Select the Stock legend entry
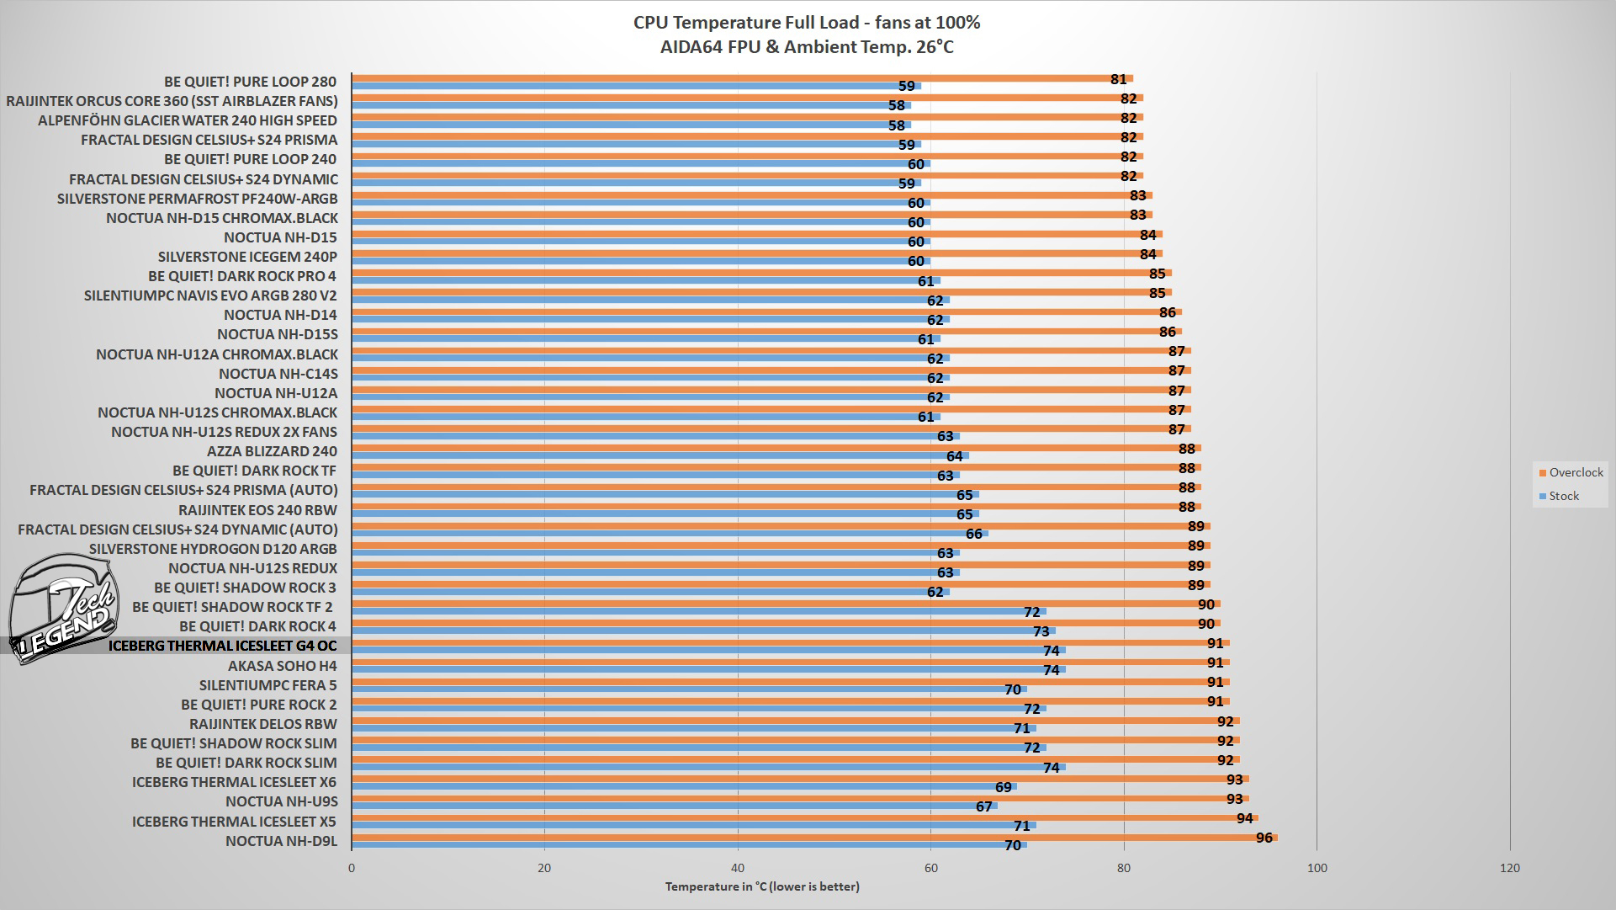(1563, 496)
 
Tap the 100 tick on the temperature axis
(1317, 868)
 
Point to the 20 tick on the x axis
(544, 868)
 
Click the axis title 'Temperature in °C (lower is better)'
(762, 886)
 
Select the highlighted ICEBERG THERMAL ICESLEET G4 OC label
(222, 647)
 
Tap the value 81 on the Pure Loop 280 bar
(1118, 79)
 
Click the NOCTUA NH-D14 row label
(280, 315)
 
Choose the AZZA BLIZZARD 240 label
(272, 451)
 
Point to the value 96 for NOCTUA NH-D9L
(1264, 838)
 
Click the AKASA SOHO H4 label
(282, 666)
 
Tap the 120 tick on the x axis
(1510, 868)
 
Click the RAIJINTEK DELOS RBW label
(262, 724)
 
